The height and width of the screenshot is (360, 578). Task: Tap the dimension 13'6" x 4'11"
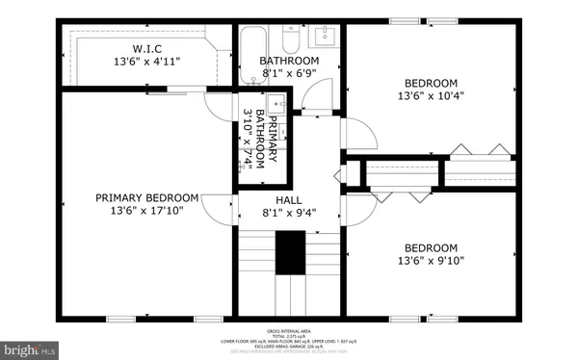[x=146, y=61]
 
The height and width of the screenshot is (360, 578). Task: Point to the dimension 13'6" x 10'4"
[x=431, y=96]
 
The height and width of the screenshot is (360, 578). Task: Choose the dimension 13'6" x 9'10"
[x=431, y=259]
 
